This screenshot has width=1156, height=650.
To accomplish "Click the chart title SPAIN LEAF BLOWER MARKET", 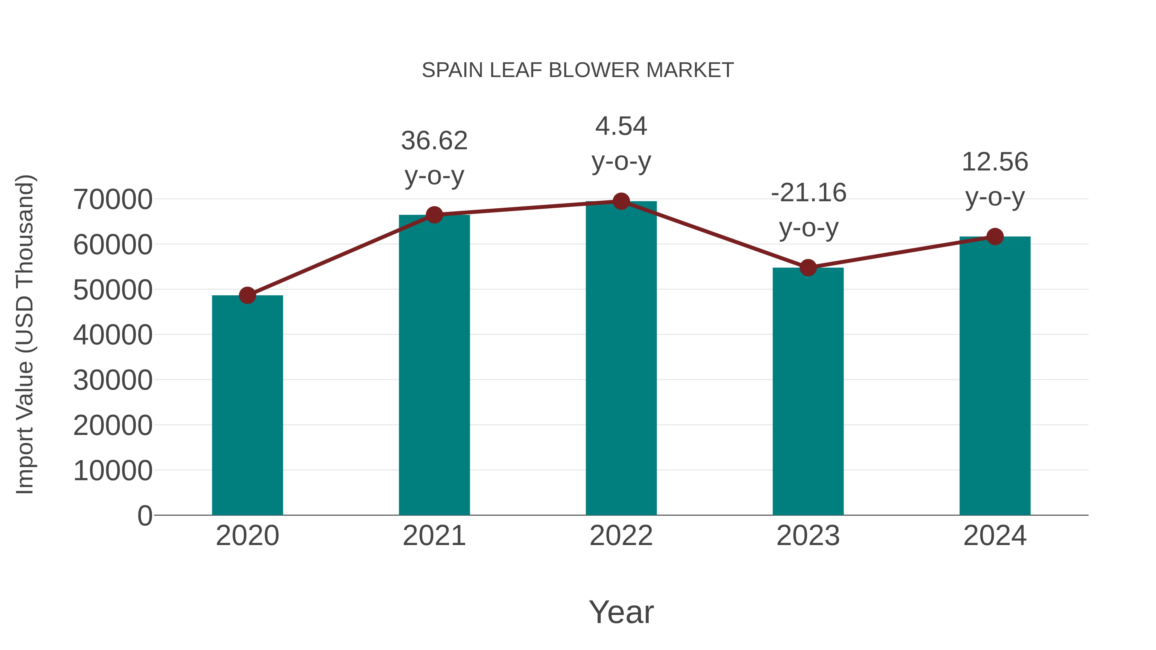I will [x=578, y=70].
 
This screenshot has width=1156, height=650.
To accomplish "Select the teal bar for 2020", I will [x=247, y=406].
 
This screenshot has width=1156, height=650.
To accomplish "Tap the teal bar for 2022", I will [x=621, y=359].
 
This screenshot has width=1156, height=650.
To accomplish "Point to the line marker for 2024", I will [x=995, y=236].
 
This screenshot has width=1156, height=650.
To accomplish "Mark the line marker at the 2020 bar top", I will [x=247, y=296].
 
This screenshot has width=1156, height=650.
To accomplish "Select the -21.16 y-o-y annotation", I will [x=808, y=210].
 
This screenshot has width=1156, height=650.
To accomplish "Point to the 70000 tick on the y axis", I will [x=113, y=200].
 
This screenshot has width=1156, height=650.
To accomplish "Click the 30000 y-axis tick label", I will [x=113, y=380].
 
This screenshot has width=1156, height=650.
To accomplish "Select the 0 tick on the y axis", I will [x=145, y=516].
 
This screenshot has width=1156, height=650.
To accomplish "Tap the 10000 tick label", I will [x=113, y=471].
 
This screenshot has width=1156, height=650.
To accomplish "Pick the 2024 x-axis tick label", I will [x=995, y=536].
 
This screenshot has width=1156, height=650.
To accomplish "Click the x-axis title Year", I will [x=621, y=612].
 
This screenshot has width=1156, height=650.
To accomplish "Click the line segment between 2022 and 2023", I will [x=714, y=235].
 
